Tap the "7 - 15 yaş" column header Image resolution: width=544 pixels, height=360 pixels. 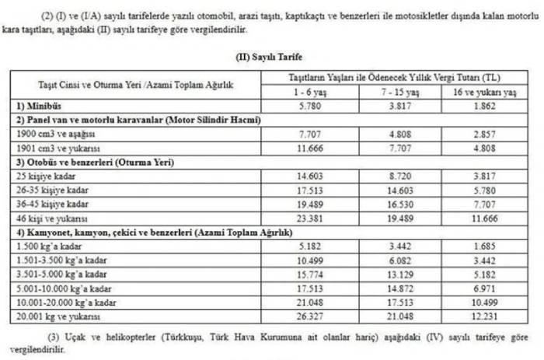click(x=400, y=92)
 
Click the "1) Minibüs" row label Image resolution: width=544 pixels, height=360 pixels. click(x=37, y=104)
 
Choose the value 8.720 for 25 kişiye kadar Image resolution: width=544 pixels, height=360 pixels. click(x=400, y=177)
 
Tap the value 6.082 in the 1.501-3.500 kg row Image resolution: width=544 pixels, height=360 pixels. click(x=400, y=260)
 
